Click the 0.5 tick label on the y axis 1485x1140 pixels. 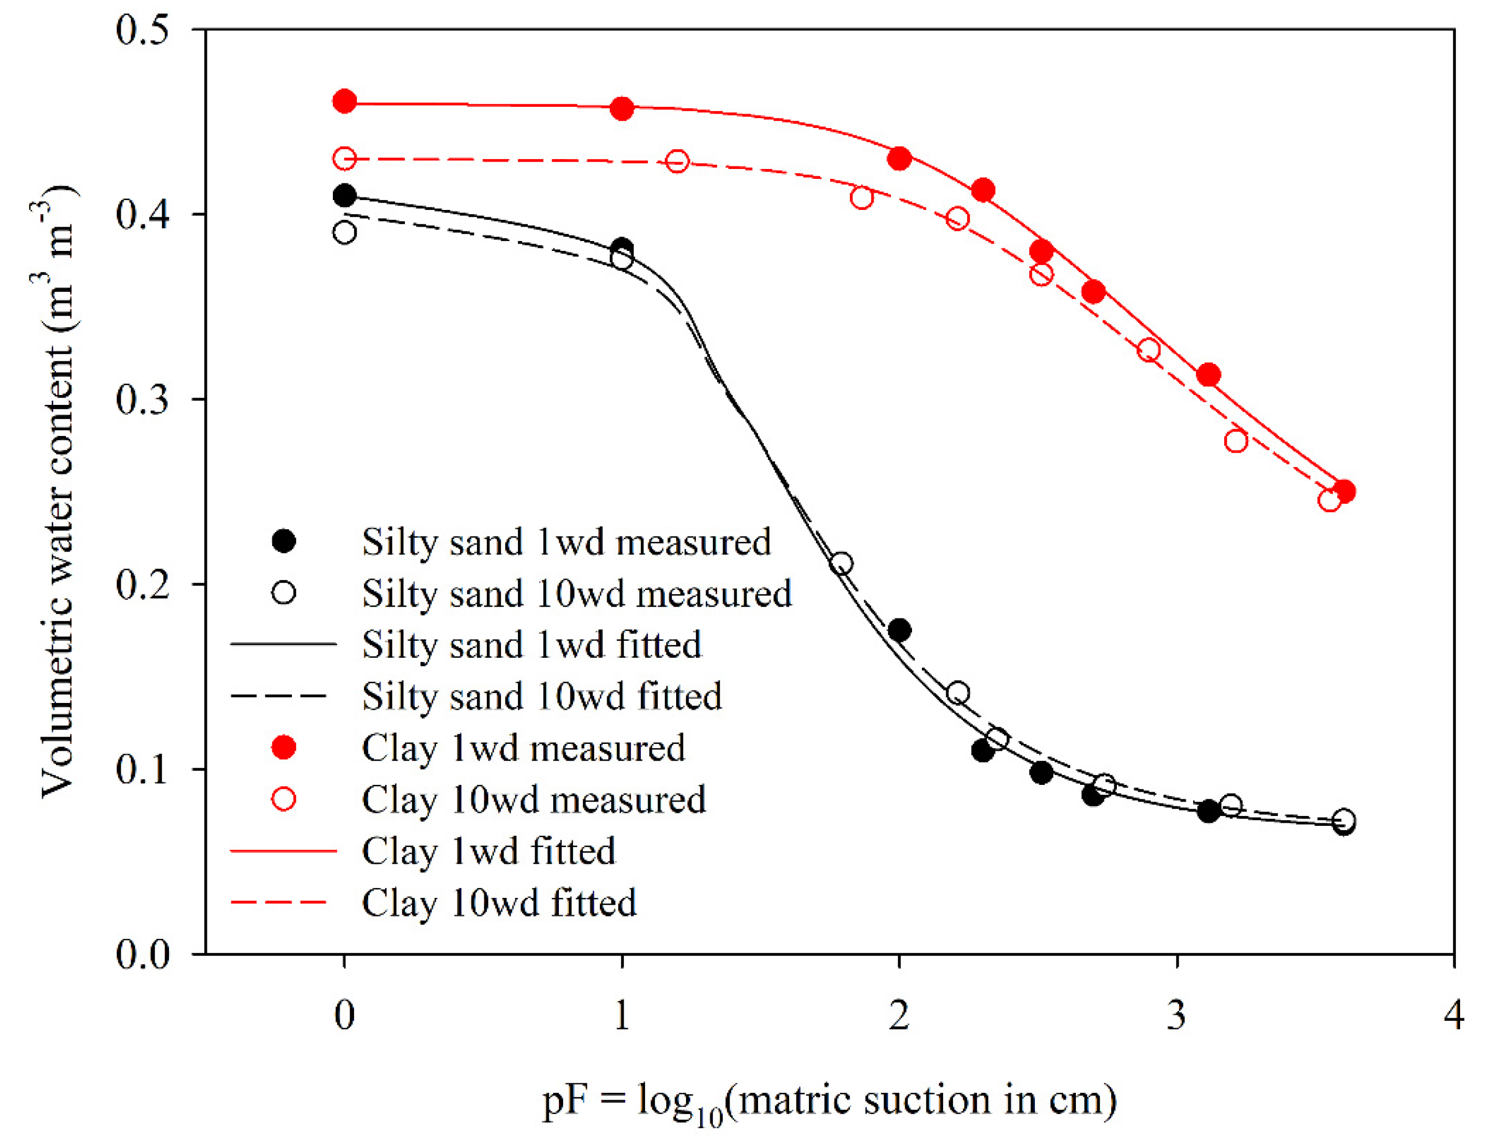pos(142,31)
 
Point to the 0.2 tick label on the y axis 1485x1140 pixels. pos(142,584)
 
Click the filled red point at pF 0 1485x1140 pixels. pos(345,102)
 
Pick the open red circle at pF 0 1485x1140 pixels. pos(345,159)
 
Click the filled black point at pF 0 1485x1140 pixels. pos(345,196)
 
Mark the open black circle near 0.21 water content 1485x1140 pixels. pos(842,564)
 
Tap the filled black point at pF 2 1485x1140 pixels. pos(899,630)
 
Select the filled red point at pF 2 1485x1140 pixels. pos(899,159)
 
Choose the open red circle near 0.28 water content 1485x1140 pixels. pos(1236,441)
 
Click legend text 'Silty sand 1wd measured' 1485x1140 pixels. pos(566,542)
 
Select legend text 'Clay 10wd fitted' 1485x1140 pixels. pos(499,903)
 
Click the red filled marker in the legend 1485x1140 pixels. pos(284,748)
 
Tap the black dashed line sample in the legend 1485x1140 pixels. pos(282,696)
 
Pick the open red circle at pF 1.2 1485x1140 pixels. pos(677,162)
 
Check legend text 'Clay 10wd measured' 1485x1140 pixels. pos(534,799)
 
